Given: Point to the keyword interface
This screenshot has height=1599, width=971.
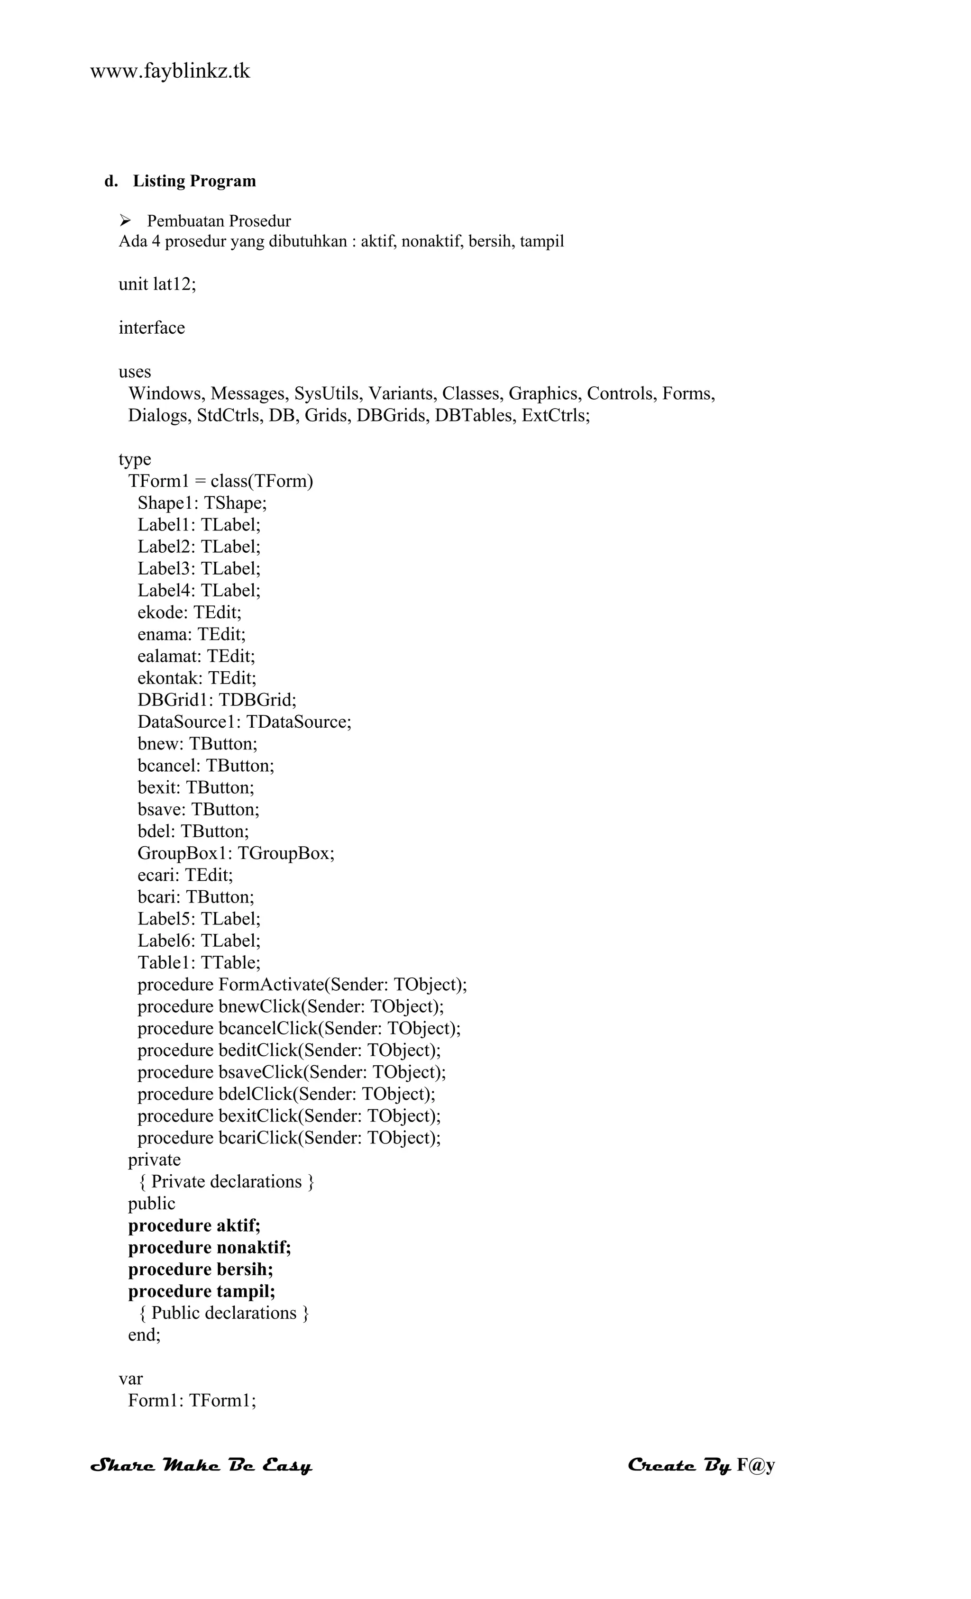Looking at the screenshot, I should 151,328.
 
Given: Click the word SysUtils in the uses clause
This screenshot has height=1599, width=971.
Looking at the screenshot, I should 329,393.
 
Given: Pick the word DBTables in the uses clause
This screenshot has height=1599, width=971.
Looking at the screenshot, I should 475,415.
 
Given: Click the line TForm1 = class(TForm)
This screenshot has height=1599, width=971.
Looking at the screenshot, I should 220,481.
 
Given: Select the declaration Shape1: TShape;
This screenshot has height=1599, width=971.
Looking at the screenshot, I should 202,503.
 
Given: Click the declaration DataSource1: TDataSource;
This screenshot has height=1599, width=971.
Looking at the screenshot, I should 244,722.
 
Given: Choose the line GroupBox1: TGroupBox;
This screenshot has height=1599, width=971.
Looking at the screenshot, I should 236,853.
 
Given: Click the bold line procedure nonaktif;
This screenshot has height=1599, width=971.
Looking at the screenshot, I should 209,1247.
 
